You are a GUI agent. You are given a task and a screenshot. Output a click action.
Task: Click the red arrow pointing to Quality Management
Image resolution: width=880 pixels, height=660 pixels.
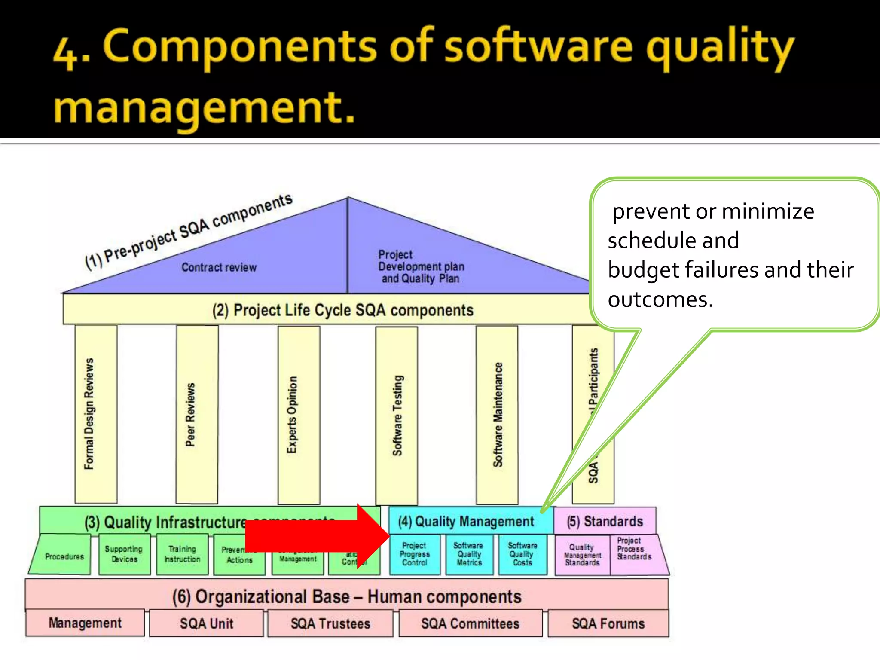click(x=318, y=535)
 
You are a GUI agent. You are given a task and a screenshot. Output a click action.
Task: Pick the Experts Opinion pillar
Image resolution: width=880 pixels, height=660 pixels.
click(x=299, y=415)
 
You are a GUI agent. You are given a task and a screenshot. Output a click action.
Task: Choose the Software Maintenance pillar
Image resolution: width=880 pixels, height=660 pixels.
click(x=497, y=415)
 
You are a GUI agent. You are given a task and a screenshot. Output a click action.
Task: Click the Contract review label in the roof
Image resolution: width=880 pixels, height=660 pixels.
click(x=219, y=267)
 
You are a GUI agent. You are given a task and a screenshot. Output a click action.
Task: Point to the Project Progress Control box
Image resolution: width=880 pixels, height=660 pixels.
click(x=415, y=554)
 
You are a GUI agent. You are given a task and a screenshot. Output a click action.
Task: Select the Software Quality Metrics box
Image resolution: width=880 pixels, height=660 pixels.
click(x=469, y=554)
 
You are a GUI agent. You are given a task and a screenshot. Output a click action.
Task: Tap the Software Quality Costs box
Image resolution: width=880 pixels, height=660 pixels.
click(x=522, y=554)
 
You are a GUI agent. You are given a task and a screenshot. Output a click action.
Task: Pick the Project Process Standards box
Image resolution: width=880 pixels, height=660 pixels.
click(x=635, y=550)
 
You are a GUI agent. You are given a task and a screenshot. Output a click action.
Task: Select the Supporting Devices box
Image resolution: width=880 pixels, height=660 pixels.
click(x=124, y=554)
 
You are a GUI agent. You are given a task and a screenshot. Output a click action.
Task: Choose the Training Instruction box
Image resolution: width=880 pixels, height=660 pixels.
click(x=182, y=554)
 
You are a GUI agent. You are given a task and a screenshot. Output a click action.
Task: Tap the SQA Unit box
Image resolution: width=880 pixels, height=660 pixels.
click(x=206, y=623)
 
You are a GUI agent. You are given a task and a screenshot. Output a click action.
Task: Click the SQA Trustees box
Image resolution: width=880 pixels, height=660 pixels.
click(x=330, y=623)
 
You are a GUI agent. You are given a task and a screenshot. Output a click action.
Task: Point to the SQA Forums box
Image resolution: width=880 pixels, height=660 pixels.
click(x=608, y=623)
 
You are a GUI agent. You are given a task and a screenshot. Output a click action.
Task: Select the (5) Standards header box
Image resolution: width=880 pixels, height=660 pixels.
click(x=605, y=521)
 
